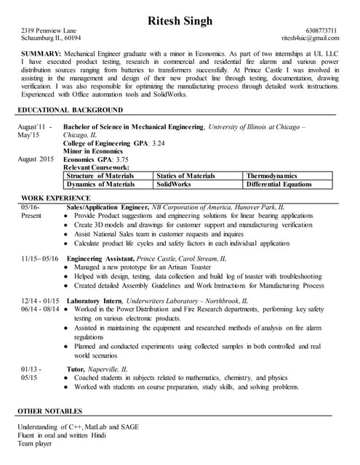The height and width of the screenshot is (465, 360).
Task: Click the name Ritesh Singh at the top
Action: click(x=180, y=20)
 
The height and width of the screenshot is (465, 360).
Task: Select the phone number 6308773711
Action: click(x=321, y=30)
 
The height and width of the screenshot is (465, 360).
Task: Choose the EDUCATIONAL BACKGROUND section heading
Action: click(x=70, y=110)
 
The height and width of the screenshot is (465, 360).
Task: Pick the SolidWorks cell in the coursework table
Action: click(x=175, y=185)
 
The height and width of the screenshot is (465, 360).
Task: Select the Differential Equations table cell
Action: click(x=279, y=185)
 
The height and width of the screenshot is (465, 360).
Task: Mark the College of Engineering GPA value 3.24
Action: click(x=157, y=144)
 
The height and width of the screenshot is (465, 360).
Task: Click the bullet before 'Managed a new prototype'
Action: click(x=67, y=267)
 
